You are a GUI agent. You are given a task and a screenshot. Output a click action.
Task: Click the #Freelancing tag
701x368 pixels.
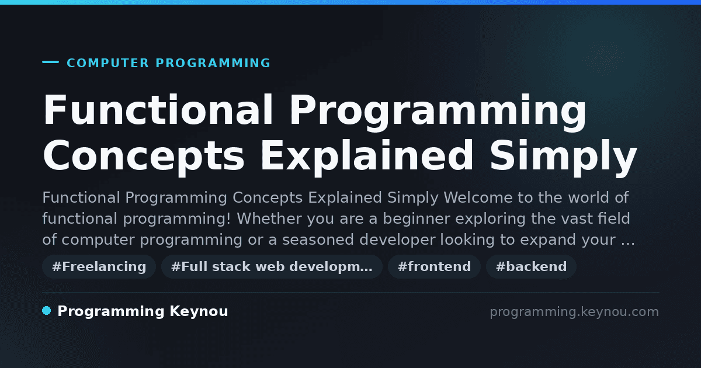[99, 266]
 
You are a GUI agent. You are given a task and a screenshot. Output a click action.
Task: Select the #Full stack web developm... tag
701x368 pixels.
[272, 266]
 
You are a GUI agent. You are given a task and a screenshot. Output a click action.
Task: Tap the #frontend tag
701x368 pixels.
[434, 266]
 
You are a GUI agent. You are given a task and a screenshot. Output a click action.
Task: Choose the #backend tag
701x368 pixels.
[531, 266]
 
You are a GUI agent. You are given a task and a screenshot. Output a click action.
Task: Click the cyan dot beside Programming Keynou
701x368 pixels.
[46, 311]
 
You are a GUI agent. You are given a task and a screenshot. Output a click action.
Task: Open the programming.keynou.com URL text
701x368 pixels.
[574, 312]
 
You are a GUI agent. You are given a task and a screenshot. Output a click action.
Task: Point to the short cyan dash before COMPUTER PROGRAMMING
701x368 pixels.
[50, 62]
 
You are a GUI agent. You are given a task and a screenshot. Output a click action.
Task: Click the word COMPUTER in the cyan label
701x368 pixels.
[107, 63]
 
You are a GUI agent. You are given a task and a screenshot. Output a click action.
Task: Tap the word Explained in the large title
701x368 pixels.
[366, 155]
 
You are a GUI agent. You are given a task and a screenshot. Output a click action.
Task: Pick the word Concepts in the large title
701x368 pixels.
[143, 155]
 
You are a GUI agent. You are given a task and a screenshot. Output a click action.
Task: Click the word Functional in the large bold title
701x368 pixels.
[158, 110]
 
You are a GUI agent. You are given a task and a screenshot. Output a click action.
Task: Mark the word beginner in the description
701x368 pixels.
[416, 218]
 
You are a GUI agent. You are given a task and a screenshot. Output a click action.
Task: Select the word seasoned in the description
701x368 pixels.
[318, 239]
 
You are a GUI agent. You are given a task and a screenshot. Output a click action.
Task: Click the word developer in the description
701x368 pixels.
[397, 239]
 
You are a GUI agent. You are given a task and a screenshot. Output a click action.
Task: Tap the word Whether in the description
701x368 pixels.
[269, 218]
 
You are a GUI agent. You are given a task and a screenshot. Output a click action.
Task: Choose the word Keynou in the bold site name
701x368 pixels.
[199, 311]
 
